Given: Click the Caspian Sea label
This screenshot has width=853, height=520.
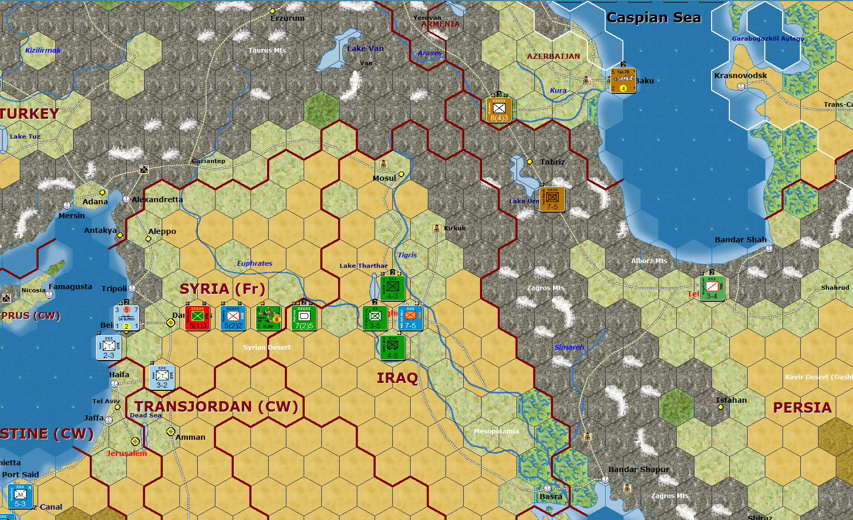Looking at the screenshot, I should pyautogui.click(x=653, y=18).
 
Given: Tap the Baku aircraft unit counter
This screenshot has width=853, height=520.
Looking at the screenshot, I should pyautogui.click(x=623, y=81).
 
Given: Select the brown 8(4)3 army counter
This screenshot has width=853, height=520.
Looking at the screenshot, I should pyautogui.click(x=499, y=110).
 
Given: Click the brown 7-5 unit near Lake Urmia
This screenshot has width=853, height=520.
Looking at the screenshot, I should pyautogui.click(x=552, y=199).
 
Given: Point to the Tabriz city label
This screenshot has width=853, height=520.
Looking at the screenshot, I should pyautogui.click(x=552, y=162).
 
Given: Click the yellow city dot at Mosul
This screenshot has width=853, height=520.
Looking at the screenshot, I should pyautogui.click(x=401, y=174).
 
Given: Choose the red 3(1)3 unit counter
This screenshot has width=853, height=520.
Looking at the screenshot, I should pyautogui.click(x=198, y=318).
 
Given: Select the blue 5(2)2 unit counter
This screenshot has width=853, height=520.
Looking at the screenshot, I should pyautogui.click(x=233, y=318).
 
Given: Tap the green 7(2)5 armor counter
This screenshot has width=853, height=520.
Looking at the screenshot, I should pyautogui.click(x=304, y=318).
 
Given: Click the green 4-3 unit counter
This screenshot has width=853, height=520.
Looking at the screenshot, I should pyautogui.click(x=392, y=288).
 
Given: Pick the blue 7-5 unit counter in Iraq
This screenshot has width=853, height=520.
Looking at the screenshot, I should pyautogui.click(x=411, y=318).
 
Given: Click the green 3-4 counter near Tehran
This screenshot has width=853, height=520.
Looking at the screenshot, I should pyautogui.click(x=712, y=288).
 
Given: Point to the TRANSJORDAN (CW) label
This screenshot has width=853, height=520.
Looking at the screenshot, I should pyautogui.click(x=216, y=406).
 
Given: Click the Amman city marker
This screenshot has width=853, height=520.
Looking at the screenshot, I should pyautogui.click(x=171, y=431).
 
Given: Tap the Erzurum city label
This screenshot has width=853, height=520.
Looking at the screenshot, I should pyautogui.click(x=287, y=18).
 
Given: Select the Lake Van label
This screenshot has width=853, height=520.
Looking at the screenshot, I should pyautogui.click(x=365, y=48).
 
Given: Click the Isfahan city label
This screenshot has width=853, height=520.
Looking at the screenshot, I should pyautogui.click(x=731, y=400).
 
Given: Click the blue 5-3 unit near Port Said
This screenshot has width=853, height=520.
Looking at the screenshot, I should pyautogui.click(x=20, y=496).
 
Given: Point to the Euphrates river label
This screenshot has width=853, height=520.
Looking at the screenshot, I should pyautogui.click(x=255, y=263).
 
